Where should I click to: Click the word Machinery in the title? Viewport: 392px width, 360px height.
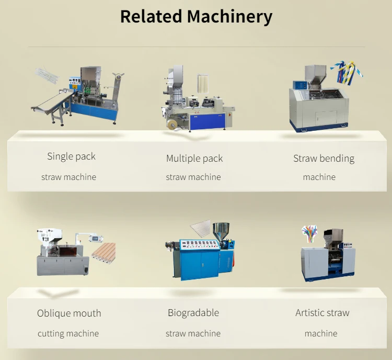(x=229, y=16)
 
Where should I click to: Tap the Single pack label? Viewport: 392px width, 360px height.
(x=71, y=156)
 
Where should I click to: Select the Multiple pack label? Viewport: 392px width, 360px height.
(x=194, y=158)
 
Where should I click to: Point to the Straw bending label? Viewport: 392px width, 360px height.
(x=324, y=158)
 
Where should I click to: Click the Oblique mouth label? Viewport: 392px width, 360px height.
(x=69, y=313)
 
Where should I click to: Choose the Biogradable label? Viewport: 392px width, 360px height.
(x=193, y=313)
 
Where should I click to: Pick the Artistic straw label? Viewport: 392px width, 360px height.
(x=322, y=313)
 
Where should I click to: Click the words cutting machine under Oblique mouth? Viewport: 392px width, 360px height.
(x=68, y=333)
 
